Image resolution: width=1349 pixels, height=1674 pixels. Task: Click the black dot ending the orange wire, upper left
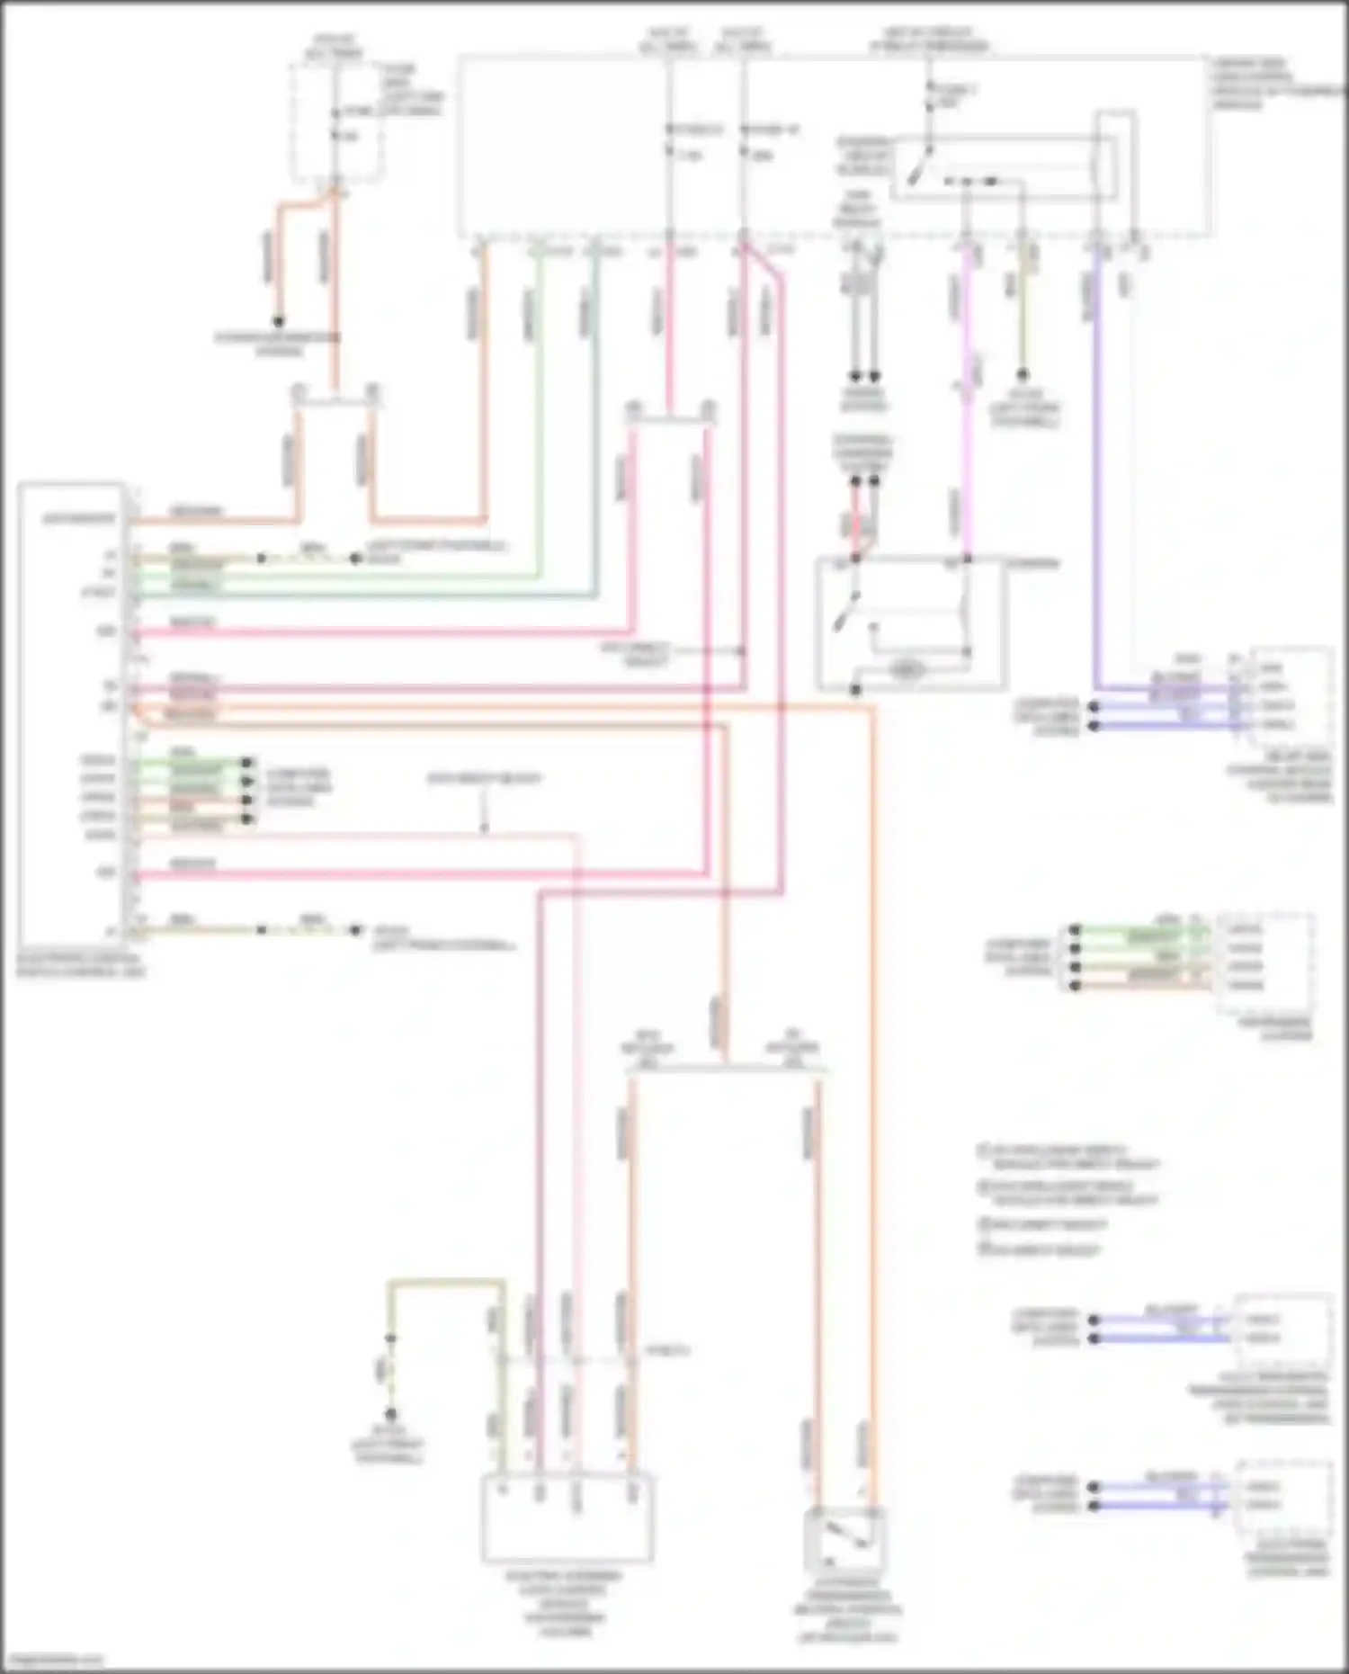(x=279, y=322)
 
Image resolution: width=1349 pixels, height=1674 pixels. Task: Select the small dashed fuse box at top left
(x=335, y=121)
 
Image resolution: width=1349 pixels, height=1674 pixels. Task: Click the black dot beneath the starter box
(x=855, y=690)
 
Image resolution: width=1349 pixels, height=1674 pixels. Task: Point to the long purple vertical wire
(x=1097, y=468)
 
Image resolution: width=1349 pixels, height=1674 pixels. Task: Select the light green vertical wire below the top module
(x=539, y=405)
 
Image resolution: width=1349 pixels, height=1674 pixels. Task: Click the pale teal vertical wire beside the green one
(x=594, y=405)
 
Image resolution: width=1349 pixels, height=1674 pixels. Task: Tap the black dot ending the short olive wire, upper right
(x=1022, y=375)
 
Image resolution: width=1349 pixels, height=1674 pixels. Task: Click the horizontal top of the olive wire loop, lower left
(x=445, y=1281)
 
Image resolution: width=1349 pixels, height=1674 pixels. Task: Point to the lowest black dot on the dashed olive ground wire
(x=390, y=1414)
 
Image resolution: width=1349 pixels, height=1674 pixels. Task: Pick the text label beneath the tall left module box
(x=81, y=964)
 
